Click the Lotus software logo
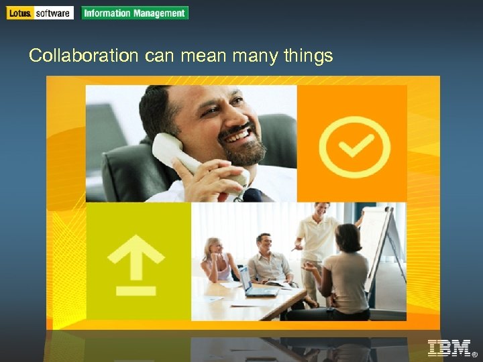pos(40,13)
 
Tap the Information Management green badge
pos(135,13)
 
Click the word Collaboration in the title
pos(83,56)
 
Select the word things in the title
pos(308,56)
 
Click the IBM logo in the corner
pos(449,349)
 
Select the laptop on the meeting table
pos(254,284)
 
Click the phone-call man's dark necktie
pos(253,195)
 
